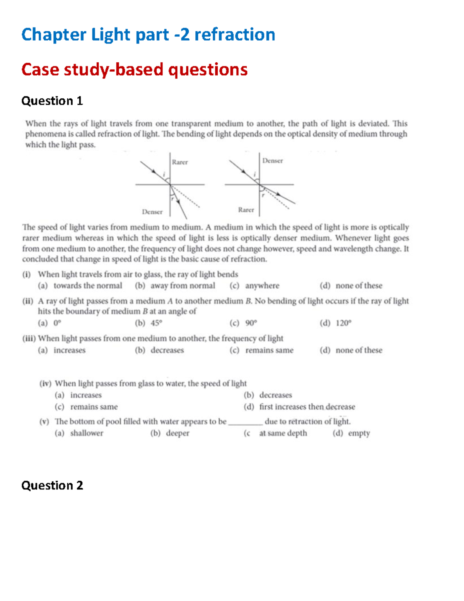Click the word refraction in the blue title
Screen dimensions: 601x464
click(x=235, y=35)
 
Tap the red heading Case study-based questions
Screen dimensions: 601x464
click(x=134, y=70)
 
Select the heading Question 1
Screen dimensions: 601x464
click(x=52, y=101)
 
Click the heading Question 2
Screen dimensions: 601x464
click(x=52, y=485)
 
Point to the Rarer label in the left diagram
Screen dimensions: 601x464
click(x=180, y=162)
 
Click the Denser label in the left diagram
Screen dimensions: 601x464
click(x=152, y=212)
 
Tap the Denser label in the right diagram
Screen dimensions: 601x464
click(x=273, y=161)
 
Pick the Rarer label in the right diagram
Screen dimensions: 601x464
click(x=246, y=210)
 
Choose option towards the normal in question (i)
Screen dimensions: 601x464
click(x=87, y=286)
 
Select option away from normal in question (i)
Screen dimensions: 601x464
click(x=183, y=286)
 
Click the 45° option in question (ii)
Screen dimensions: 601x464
click(x=156, y=323)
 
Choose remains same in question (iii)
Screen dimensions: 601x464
click(x=269, y=350)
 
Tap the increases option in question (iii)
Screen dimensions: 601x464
click(x=70, y=350)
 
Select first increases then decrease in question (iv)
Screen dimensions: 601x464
click(x=307, y=407)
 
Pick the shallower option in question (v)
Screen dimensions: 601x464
click(x=87, y=433)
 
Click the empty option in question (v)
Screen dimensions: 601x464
click(x=359, y=433)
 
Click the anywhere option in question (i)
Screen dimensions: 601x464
click(x=262, y=286)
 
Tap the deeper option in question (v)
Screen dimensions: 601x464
click(x=177, y=433)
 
